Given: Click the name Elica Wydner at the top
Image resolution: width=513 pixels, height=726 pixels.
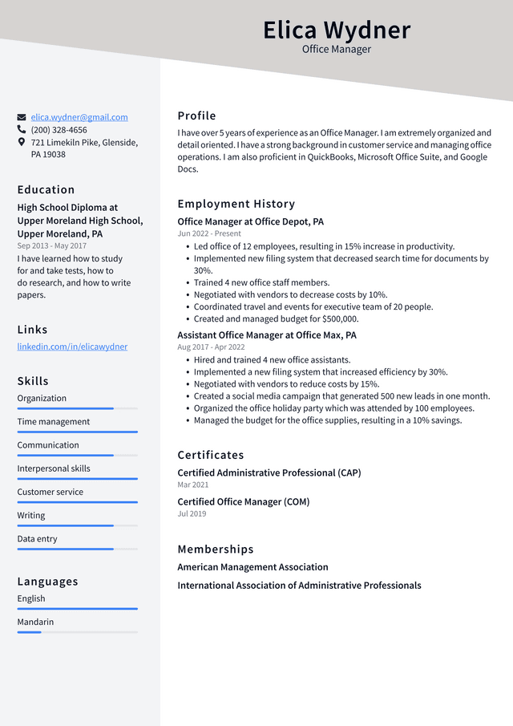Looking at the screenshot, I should pos(337,30).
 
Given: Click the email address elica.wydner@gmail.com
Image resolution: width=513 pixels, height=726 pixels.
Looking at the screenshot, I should pos(79,117).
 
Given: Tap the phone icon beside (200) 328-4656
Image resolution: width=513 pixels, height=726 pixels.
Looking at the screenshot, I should pos(22,129).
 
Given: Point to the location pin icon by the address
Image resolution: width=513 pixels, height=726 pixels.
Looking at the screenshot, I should pos(22,142).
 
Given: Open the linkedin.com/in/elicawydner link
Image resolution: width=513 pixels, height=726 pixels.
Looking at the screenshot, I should pos(72,347).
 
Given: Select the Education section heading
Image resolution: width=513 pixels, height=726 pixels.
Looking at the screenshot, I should pos(46,190).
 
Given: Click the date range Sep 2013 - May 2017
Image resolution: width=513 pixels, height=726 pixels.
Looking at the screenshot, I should pos(52,246).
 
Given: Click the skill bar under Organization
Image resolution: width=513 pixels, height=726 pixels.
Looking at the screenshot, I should pos(77,408).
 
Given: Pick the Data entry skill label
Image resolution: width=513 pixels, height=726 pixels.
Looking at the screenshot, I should pos(38,539).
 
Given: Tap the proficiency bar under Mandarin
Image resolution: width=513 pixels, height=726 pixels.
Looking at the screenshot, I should pos(77,632).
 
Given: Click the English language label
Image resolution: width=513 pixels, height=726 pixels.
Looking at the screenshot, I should pos(31,598).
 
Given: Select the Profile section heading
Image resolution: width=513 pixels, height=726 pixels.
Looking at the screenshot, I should pos(196,116).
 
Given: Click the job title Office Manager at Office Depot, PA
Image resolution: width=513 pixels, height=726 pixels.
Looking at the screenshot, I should pos(250,221).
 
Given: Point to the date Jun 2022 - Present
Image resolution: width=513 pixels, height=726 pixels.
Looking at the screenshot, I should pos(209,233).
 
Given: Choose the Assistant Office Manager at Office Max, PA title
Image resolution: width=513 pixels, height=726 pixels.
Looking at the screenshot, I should pos(267,335).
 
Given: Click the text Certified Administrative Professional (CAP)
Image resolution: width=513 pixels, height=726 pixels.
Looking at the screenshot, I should pos(269,473).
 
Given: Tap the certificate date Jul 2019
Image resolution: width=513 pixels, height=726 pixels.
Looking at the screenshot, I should pos(192,513).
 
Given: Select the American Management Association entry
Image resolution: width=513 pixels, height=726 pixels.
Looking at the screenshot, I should pos(252,567).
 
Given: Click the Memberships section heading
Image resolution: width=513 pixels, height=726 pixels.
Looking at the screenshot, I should pos(215,550).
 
